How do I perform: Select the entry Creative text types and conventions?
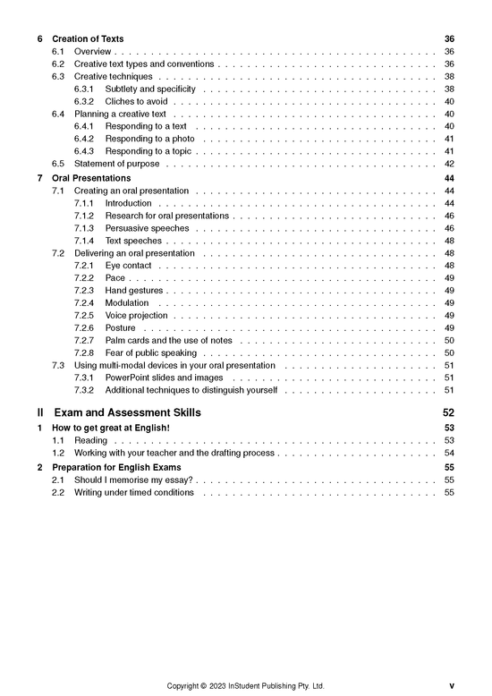[x=144, y=64]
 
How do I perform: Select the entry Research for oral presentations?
[x=167, y=216]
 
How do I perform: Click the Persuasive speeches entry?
[x=147, y=228]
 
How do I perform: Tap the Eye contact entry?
[x=129, y=266]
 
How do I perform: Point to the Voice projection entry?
[x=137, y=316]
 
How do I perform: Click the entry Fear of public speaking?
[x=150, y=353]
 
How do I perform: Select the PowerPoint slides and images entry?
[x=164, y=378]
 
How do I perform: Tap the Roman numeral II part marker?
[x=40, y=413]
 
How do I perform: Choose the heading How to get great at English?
[x=111, y=429]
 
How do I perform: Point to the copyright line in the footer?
[x=246, y=686]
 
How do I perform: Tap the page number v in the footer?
[x=452, y=686]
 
